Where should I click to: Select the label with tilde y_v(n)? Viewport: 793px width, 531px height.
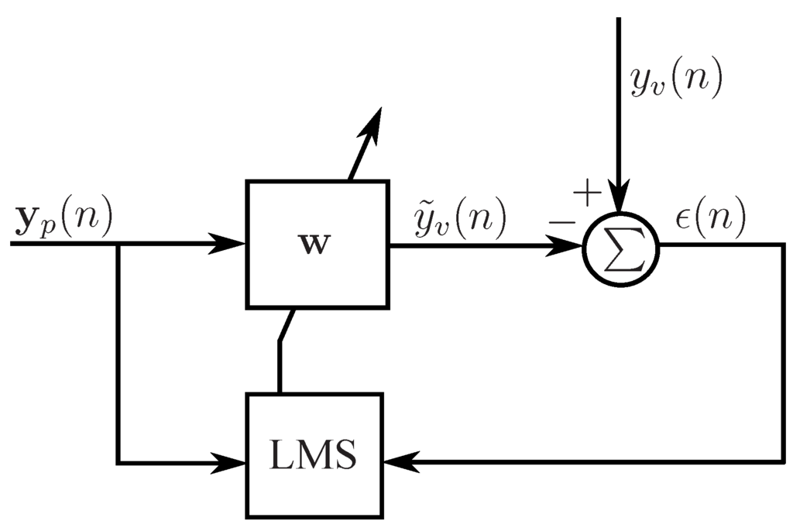[459, 219]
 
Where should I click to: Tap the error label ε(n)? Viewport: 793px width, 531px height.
[710, 220]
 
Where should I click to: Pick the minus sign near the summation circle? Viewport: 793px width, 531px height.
[563, 223]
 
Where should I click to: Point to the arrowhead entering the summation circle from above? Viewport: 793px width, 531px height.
[619, 198]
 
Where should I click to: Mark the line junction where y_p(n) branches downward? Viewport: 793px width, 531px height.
[117, 245]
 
